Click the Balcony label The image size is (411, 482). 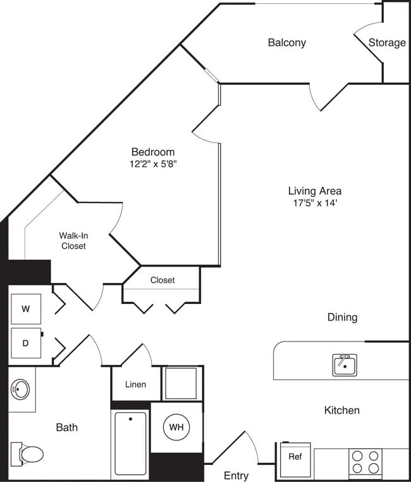click(x=286, y=42)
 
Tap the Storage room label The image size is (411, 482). click(x=387, y=42)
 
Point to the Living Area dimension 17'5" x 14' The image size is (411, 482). click(x=314, y=203)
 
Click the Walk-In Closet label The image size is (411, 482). click(x=73, y=241)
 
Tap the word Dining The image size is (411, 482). click(x=342, y=317)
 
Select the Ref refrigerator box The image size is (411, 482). click(x=295, y=456)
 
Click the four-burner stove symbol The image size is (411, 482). click(x=365, y=462)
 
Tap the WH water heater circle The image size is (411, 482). click(x=176, y=427)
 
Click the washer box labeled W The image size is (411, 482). click(x=26, y=309)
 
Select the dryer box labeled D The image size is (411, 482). click(x=26, y=343)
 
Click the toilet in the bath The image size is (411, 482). click(x=30, y=453)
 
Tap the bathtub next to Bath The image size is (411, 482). click(x=130, y=443)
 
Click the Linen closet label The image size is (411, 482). click(x=135, y=384)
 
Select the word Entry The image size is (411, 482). click(x=236, y=475)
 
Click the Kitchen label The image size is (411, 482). click(x=341, y=410)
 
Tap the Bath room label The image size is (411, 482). click(x=66, y=428)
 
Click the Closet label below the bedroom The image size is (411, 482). click(x=163, y=279)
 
